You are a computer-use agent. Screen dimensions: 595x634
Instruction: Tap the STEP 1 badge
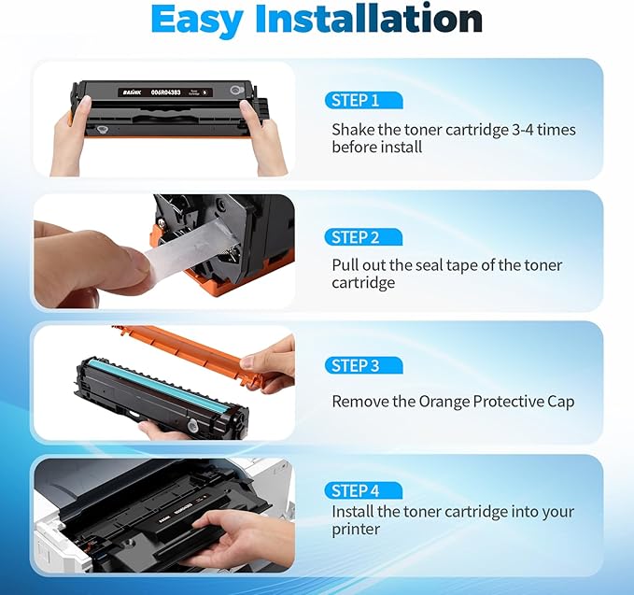tap(362, 100)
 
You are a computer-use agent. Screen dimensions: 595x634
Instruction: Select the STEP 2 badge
tap(362, 236)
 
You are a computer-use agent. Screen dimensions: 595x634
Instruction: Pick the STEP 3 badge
tap(362, 365)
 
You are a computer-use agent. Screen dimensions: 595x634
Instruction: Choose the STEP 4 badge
tap(362, 490)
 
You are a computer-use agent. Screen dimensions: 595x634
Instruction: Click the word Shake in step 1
tap(353, 130)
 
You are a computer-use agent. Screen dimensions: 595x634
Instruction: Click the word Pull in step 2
tap(346, 265)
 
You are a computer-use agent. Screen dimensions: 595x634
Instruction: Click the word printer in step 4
tap(357, 530)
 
